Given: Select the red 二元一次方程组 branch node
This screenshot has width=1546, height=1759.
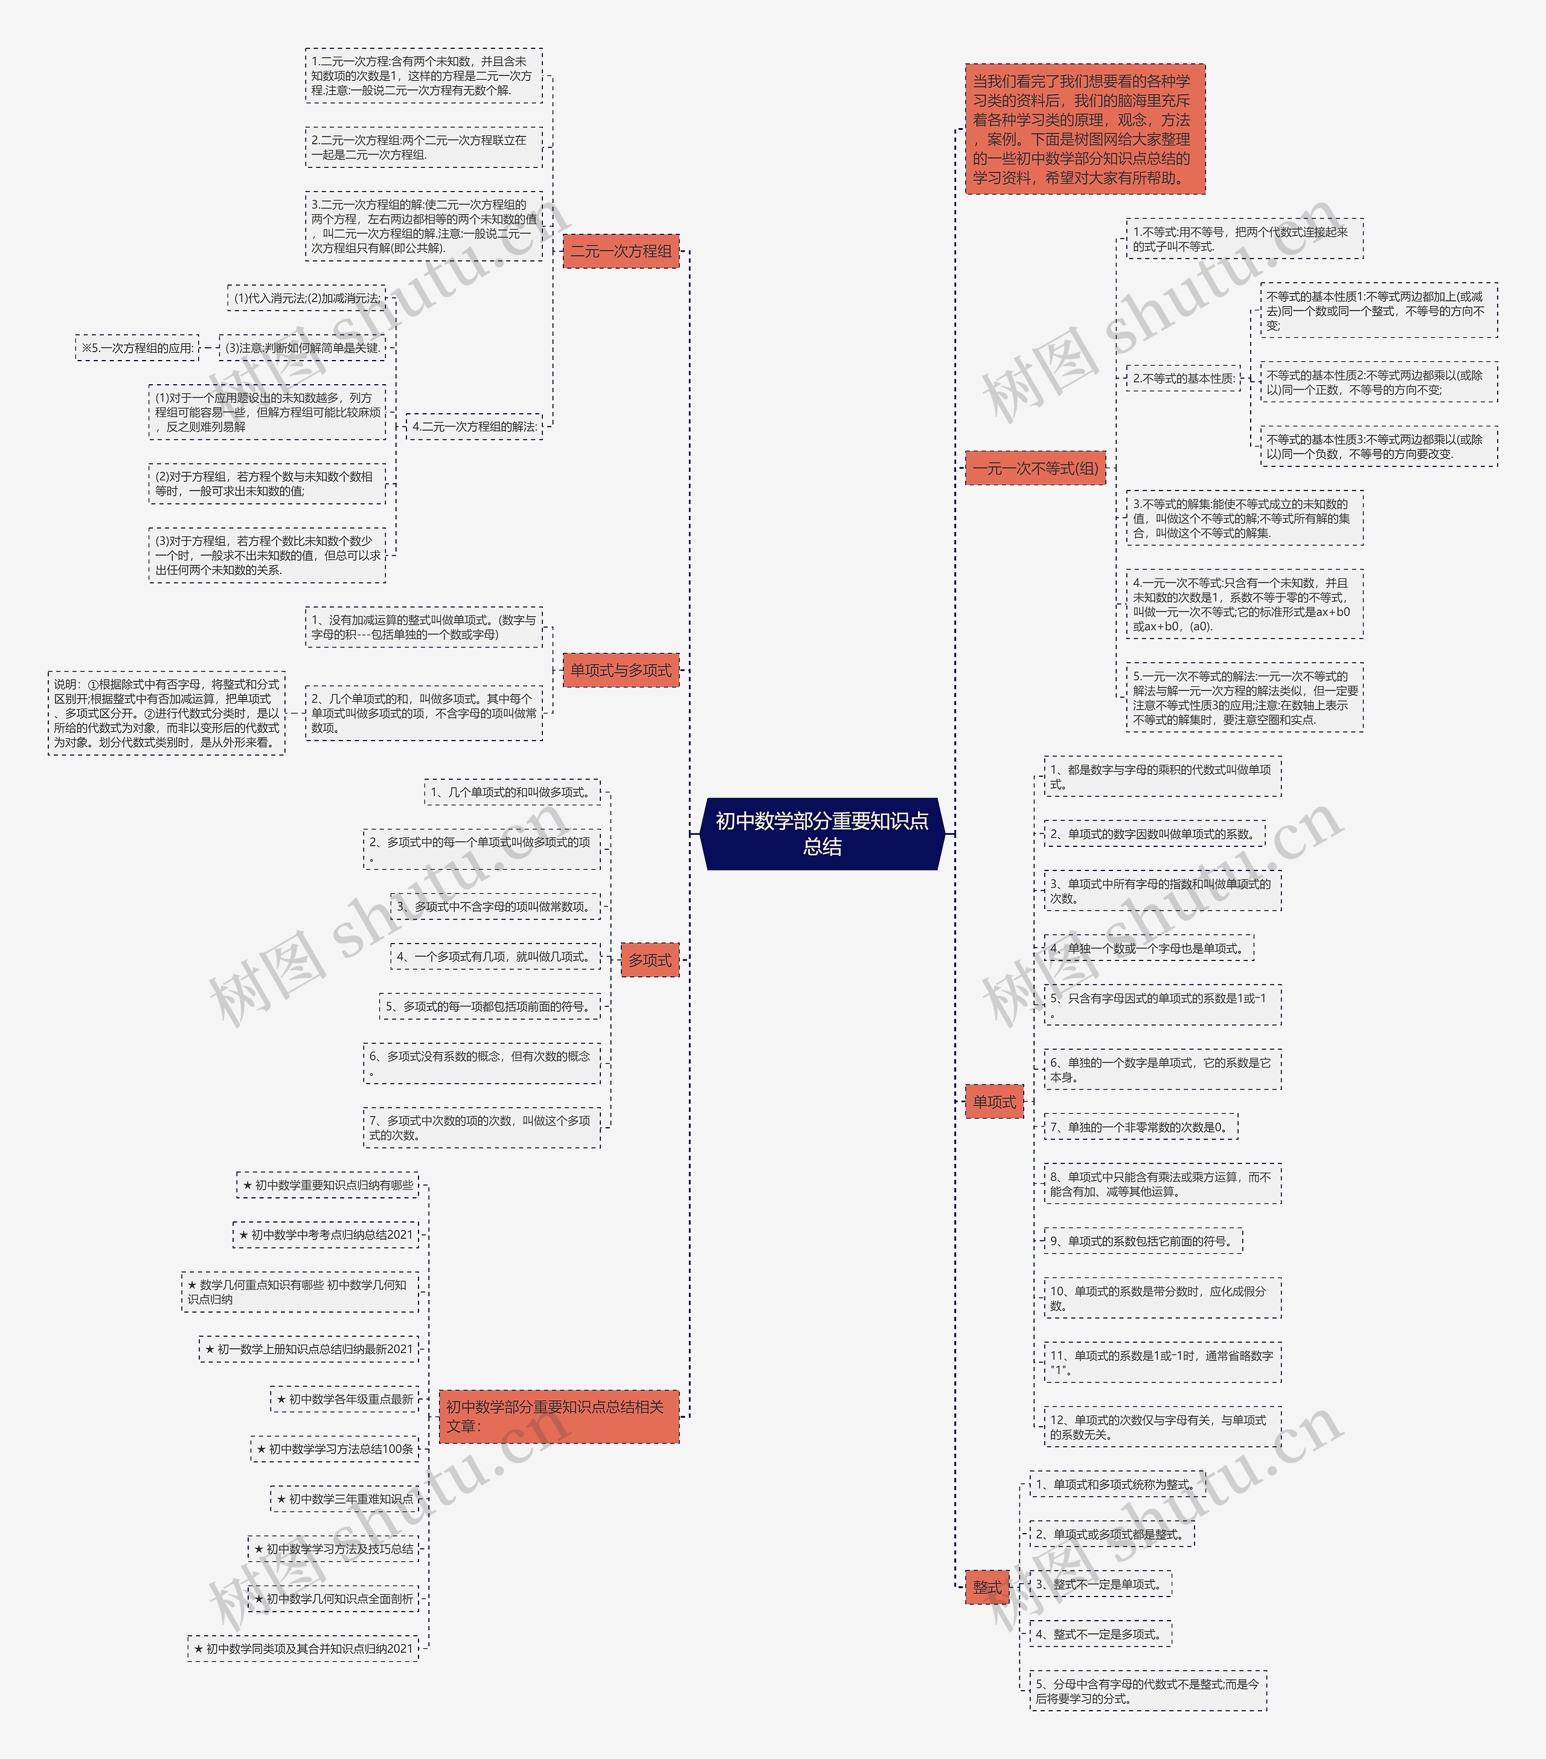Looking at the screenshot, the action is pyautogui.click(x=620, y=251).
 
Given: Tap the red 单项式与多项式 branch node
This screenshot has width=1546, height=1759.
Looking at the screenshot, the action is pyautogui.click(x=620, y=670).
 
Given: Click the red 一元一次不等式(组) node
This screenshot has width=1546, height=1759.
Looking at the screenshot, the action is pyautogui.click(x=1035, y=468).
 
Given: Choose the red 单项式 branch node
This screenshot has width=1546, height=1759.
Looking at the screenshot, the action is pyautogui.click(x=993, y=1102).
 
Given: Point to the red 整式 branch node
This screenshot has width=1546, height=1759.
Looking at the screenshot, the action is pyautogui.click(x=987, y=1586).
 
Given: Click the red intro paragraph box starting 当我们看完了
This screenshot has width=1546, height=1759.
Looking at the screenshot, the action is pyautogui.click(x=1084, y=129).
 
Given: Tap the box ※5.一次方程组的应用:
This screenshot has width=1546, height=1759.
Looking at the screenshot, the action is pyautogui.click(x=137, y=349).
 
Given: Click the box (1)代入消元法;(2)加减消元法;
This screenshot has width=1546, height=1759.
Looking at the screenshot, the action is pyautogui.click(x=306, y=298).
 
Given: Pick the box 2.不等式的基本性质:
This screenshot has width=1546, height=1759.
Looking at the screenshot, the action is pyautogui.click(x=1183, y=379).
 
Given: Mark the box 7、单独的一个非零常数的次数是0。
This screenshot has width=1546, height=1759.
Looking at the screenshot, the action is pyautogui.click(x=1141, y=1127).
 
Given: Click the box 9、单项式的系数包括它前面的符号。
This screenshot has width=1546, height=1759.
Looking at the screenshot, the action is pyautogui.click(x=1143, y=1241).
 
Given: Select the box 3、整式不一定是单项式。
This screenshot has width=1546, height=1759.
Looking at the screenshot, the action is pyautogui.click(x=1100, y=1584).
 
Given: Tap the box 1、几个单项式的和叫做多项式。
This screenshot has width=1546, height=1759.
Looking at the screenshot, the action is pyautogui.click(x=512, y=793).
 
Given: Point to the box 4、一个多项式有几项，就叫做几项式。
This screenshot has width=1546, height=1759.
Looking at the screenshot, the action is pyautogui.click(x=495, y=957).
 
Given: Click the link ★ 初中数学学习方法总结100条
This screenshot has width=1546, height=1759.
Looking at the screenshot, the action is pyautogui.click(x=335, y=1449).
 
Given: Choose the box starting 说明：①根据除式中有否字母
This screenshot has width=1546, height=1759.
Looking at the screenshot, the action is pyautogui.click(x=166, y=713).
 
